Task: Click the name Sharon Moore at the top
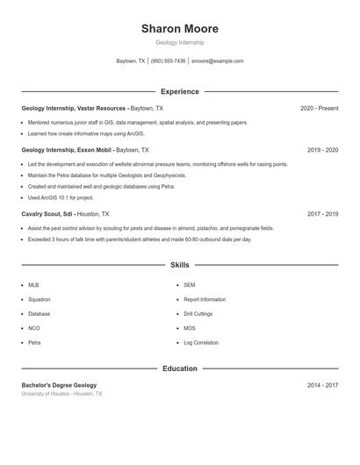point(179,29)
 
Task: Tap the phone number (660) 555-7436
point(169,61)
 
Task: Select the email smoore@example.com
point(217,61)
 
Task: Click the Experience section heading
point(179,91)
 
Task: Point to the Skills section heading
point(179,264)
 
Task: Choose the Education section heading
point(179,368)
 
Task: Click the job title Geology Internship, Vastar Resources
point(74,108)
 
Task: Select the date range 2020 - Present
point(319,108)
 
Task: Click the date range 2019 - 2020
point(322,150)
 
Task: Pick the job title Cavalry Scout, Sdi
point(47,213)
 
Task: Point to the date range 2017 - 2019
point(322,213)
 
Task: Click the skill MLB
point(33,285)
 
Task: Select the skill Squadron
point(40,299)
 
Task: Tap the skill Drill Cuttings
point(198,313)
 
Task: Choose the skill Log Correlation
point(200,342)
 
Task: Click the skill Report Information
point(205,299)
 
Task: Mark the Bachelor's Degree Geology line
point(59,385)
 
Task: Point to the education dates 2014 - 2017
point(322,385)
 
